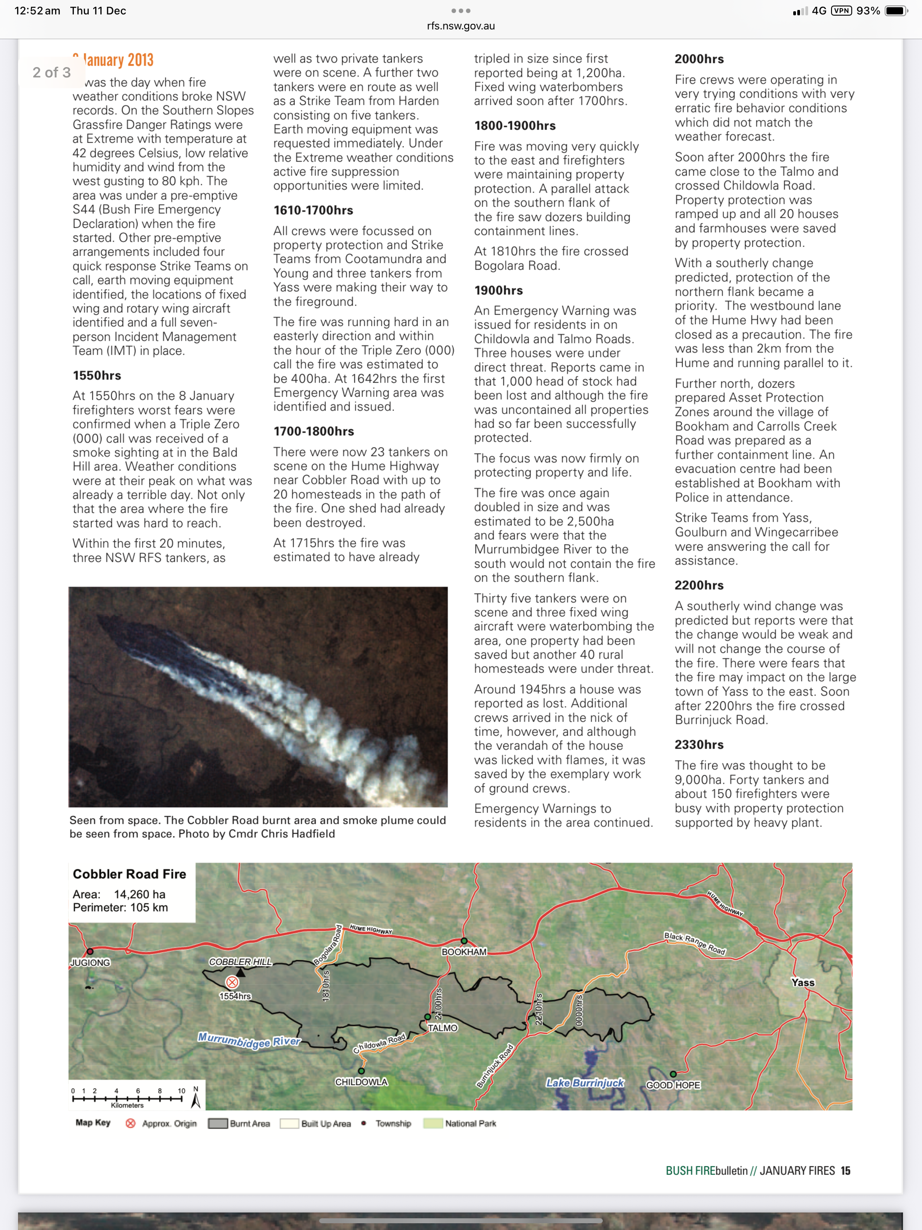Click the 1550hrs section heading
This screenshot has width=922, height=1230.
[97, 375]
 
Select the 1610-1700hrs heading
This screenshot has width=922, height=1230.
[313, 210]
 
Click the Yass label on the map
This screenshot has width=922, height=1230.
[802, 982]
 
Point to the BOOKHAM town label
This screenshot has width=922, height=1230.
[464, 951]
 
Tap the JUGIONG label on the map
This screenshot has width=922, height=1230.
[90, 963]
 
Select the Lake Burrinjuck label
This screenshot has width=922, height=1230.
[584, 1083]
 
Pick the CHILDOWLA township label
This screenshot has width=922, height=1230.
[361, 1081]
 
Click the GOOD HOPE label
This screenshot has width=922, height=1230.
[673, 1085]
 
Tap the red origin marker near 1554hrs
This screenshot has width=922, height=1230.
[232, 982]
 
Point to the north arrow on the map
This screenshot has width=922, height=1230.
[196, 1098]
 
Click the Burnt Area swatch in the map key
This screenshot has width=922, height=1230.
[217, 1124]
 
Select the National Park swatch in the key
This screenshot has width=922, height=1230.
[433, 1124]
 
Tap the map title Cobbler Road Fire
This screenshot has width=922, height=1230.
[129, 874]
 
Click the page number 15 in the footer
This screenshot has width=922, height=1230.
[845, 1171]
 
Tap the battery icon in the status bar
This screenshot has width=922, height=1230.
[895, 10]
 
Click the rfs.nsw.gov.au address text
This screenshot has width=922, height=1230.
[461, 26]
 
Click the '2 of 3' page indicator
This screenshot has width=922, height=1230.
[51, 72]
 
